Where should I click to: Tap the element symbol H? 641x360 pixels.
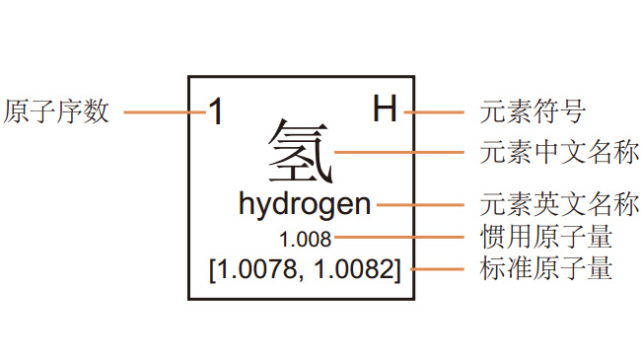385,109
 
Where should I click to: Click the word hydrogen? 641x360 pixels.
305,205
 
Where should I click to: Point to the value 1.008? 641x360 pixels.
306,239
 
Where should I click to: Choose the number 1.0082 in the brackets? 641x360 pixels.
352,268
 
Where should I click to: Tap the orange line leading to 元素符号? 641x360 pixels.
432,111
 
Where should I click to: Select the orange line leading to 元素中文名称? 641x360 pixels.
398,153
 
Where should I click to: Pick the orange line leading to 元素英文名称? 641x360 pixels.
419,205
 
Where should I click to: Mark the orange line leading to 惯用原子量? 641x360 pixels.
398,238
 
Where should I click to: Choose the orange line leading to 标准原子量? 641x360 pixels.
436,268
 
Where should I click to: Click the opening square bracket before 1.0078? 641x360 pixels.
213,268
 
